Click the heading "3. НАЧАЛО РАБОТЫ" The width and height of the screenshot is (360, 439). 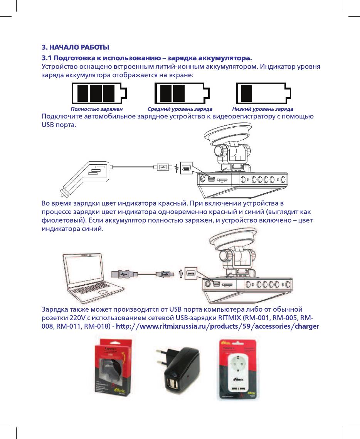coord(76,47)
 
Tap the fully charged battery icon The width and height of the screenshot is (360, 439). coord(98,93)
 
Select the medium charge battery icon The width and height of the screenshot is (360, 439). coord(182,93)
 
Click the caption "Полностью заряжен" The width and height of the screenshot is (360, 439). coord(97,109)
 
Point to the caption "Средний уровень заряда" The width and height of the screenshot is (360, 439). coord(180,109)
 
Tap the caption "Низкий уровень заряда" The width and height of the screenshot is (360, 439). coord(263,109)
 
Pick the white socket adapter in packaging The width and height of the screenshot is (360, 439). coord(237,370)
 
